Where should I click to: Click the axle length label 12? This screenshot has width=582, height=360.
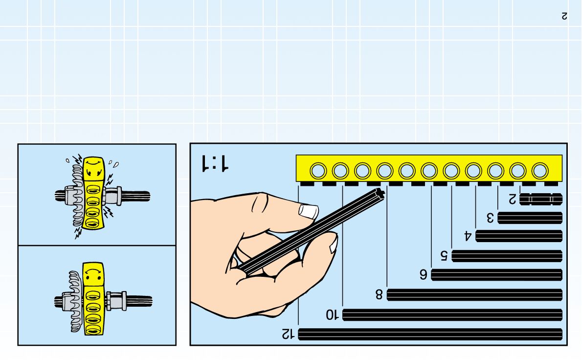(x=288, y=334)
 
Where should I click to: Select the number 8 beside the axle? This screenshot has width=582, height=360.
(x=379, y=294)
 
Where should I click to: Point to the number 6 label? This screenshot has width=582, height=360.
(x=423, y=274)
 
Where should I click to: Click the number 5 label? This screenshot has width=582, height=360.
(x=444, y=255)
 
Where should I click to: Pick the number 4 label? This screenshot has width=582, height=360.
(x=468, y=236)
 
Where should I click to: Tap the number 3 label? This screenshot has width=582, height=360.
(x=490, y=217)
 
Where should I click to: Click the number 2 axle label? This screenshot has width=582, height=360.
(x=512, y=199)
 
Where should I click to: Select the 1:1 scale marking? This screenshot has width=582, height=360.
(x=214, y=163)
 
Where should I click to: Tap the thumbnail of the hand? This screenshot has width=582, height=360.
(x=308, y=211)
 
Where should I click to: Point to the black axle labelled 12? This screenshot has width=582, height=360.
(x=430, y=334)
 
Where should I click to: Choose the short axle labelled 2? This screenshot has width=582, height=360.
(x=540, y=199)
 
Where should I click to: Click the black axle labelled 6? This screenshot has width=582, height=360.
(x=496, y=275)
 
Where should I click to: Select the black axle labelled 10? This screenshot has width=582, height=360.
(x=452, y=315)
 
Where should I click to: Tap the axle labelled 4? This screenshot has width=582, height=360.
(x=518, y=236)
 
